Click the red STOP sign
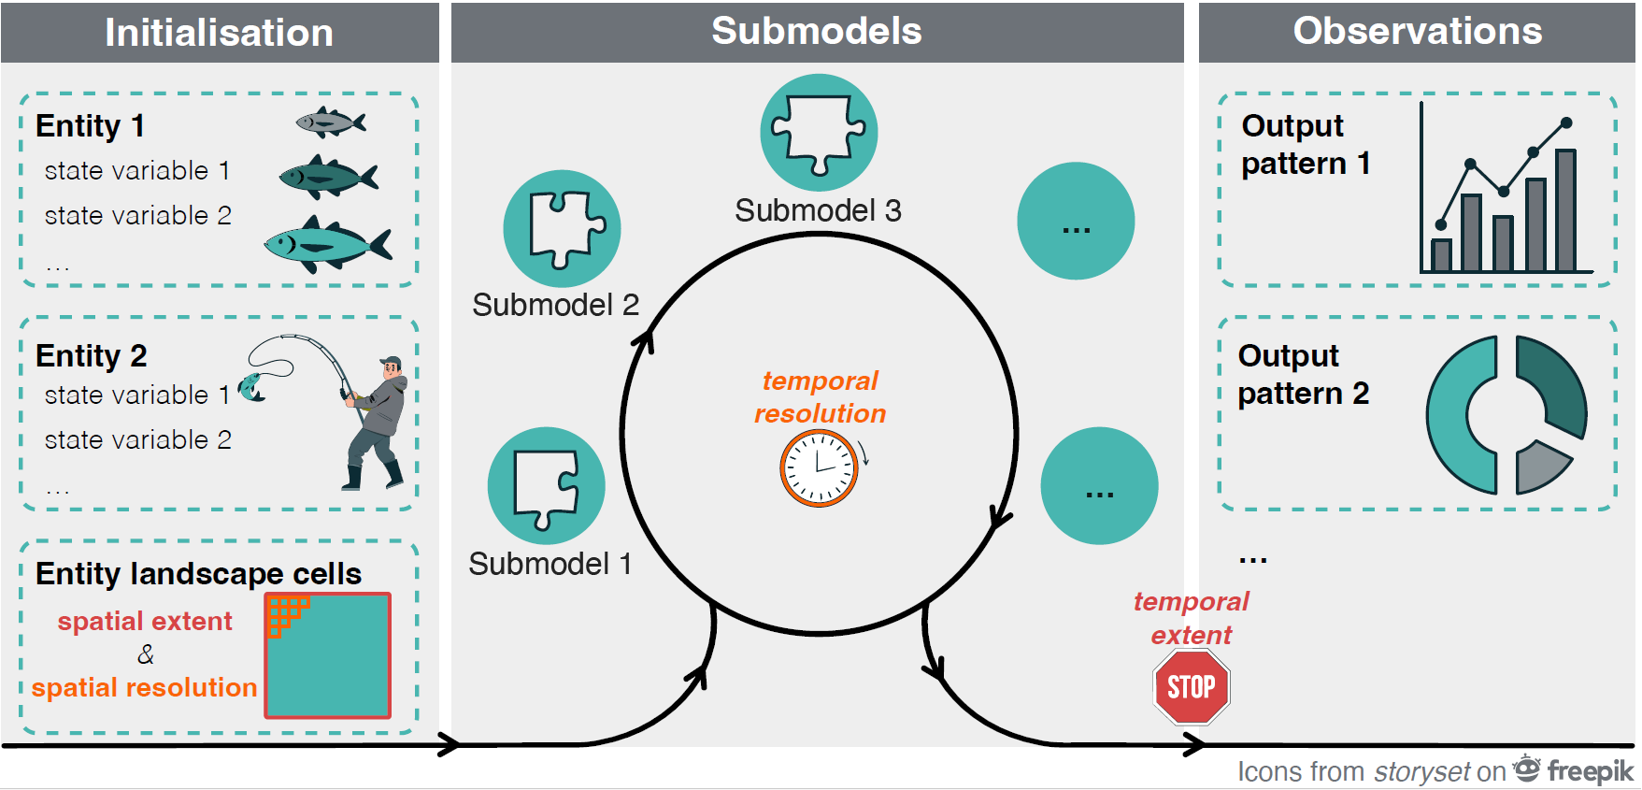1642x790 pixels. click(1191, 687)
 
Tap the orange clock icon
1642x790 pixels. click(819, 467)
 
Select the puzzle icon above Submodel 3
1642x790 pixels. click(819, 133)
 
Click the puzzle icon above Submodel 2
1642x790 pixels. click(562, 227)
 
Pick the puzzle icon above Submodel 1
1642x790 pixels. click(546, 485)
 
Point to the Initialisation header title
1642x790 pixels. click(219, 33)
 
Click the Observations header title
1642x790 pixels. click(1417, 31)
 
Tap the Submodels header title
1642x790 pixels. click(816, 31)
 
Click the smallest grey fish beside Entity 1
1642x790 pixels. click(329, 122)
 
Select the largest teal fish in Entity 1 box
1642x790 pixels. click(326, 246)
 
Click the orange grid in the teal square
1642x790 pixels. click(286, 613)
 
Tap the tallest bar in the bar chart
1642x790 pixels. click(1565, 210)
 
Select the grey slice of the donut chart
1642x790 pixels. click(1542, 467)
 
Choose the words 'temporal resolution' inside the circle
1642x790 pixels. click(820, 397)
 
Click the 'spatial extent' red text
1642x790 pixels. click(145, 621)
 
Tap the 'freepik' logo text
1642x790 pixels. click(1590, 771)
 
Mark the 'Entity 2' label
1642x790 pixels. click(91, 356)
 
